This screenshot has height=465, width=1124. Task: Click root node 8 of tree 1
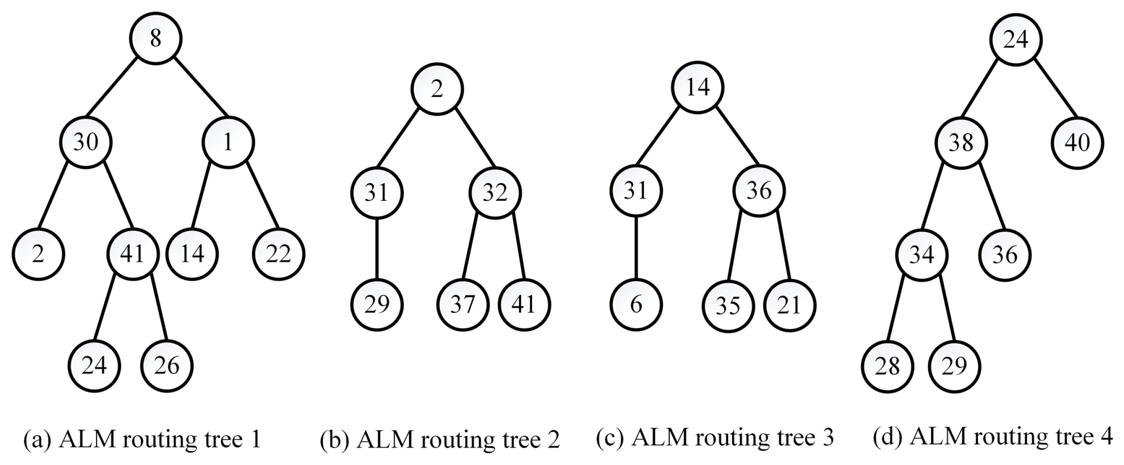click(155, 38)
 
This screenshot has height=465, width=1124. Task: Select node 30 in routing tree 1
click(86, 142)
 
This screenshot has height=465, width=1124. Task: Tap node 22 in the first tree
click(278, 254)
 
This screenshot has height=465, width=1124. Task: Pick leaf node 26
click(166, 365)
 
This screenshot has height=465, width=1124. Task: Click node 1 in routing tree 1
click(228, 142)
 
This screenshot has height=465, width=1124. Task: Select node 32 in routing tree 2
click(495, 193)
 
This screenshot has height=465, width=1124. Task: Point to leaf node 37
click(462, 305)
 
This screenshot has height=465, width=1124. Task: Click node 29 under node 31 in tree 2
click(377, 305)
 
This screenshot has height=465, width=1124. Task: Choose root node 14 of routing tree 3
click(697, 87)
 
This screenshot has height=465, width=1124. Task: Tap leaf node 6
click(636, 305)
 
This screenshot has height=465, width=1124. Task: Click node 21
click(789, 305)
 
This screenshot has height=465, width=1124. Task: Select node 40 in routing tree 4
click(1077, 143)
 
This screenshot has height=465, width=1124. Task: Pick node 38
click(961, 143)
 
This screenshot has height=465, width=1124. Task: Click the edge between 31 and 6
click(636, 248)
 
